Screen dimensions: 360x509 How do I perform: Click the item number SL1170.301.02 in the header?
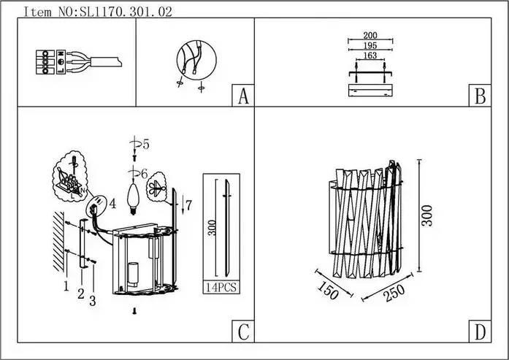click(x=113, y=11)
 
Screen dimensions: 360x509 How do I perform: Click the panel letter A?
click(x=242, y=96)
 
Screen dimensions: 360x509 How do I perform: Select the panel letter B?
click(x=479, y=96)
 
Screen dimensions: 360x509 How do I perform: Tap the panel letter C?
click(x=242, y=332)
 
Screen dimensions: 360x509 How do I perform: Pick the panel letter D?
click(x=479, y=332)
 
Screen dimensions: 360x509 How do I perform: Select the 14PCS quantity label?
click(x=221, y=288)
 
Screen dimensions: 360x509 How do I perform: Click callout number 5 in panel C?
click(x=145, y=145)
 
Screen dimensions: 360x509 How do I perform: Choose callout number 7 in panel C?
click(x=189, y=205)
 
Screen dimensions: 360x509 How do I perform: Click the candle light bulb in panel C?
click(x=133, y=196)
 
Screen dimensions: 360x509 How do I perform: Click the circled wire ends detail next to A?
click(x=194, y=61)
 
